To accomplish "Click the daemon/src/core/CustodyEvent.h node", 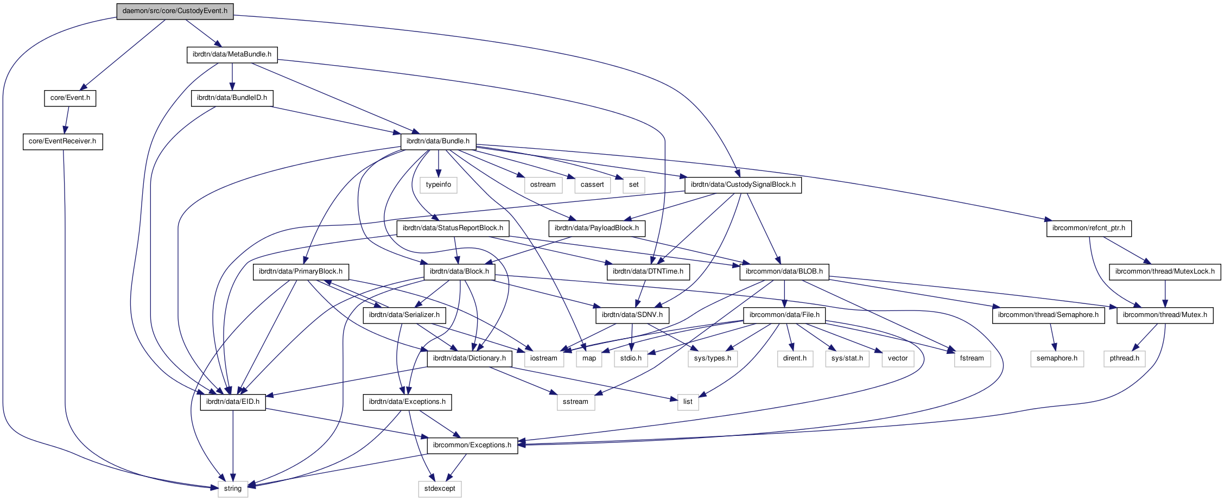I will pos(175,11).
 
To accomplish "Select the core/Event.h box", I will pos(70,98).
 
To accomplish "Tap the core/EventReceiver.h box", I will pos(62,141).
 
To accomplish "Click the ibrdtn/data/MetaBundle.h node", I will pos(232,54).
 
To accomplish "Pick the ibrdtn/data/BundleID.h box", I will pos(232,98).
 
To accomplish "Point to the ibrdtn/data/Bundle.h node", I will pos(438,141).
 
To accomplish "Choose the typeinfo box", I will pos(439,185).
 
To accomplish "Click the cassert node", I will pos(592,185).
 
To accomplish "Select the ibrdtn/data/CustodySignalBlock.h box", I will pos(743,185).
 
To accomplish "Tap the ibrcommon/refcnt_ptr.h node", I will pos(1089,228).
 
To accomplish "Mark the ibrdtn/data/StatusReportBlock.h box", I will pos(453,228).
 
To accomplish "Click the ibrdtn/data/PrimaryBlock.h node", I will pos(301,271).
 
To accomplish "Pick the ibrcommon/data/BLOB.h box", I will pos(784,271).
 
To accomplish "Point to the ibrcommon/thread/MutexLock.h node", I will pos(1165,271).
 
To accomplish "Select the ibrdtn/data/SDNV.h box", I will pos(632,315).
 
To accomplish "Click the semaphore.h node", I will pos(1057,358).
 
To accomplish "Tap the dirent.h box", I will pos(795,358).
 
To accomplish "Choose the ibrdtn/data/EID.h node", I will pos(233,402).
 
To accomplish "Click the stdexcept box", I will pos(440,489).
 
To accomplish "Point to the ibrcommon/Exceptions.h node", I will pos(472,445).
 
